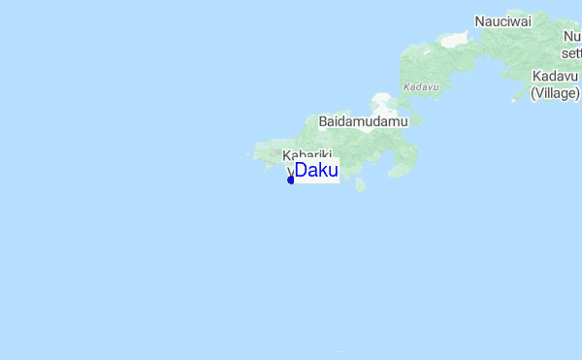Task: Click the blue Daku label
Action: click(316, 171)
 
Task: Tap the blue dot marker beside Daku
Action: click(291, 180)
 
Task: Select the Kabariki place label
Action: click(307, 155)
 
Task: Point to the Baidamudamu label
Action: click(364, 122)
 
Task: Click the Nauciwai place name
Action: click(503, 21)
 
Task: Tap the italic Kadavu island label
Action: click(420, 86)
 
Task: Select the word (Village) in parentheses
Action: click(555, 93)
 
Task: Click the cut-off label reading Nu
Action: click(571, 37)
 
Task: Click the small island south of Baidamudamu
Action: click(360, 183)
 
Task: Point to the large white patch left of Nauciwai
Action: click(453, 41)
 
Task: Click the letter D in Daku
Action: click(301, 171)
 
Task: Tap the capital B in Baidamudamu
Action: click(324, 122)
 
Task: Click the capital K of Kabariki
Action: click(286, 155)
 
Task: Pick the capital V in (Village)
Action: click(540, 93)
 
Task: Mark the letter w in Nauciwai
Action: click(515, 21)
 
